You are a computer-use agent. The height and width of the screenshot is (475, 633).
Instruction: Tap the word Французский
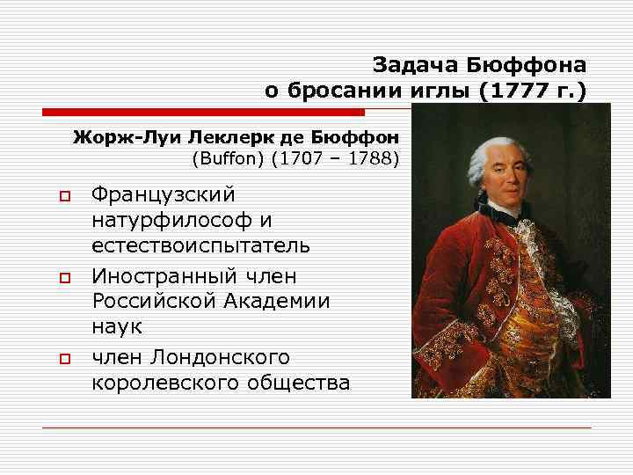tap(163, 193)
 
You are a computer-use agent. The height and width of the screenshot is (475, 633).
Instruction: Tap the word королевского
tap(175, 384)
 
